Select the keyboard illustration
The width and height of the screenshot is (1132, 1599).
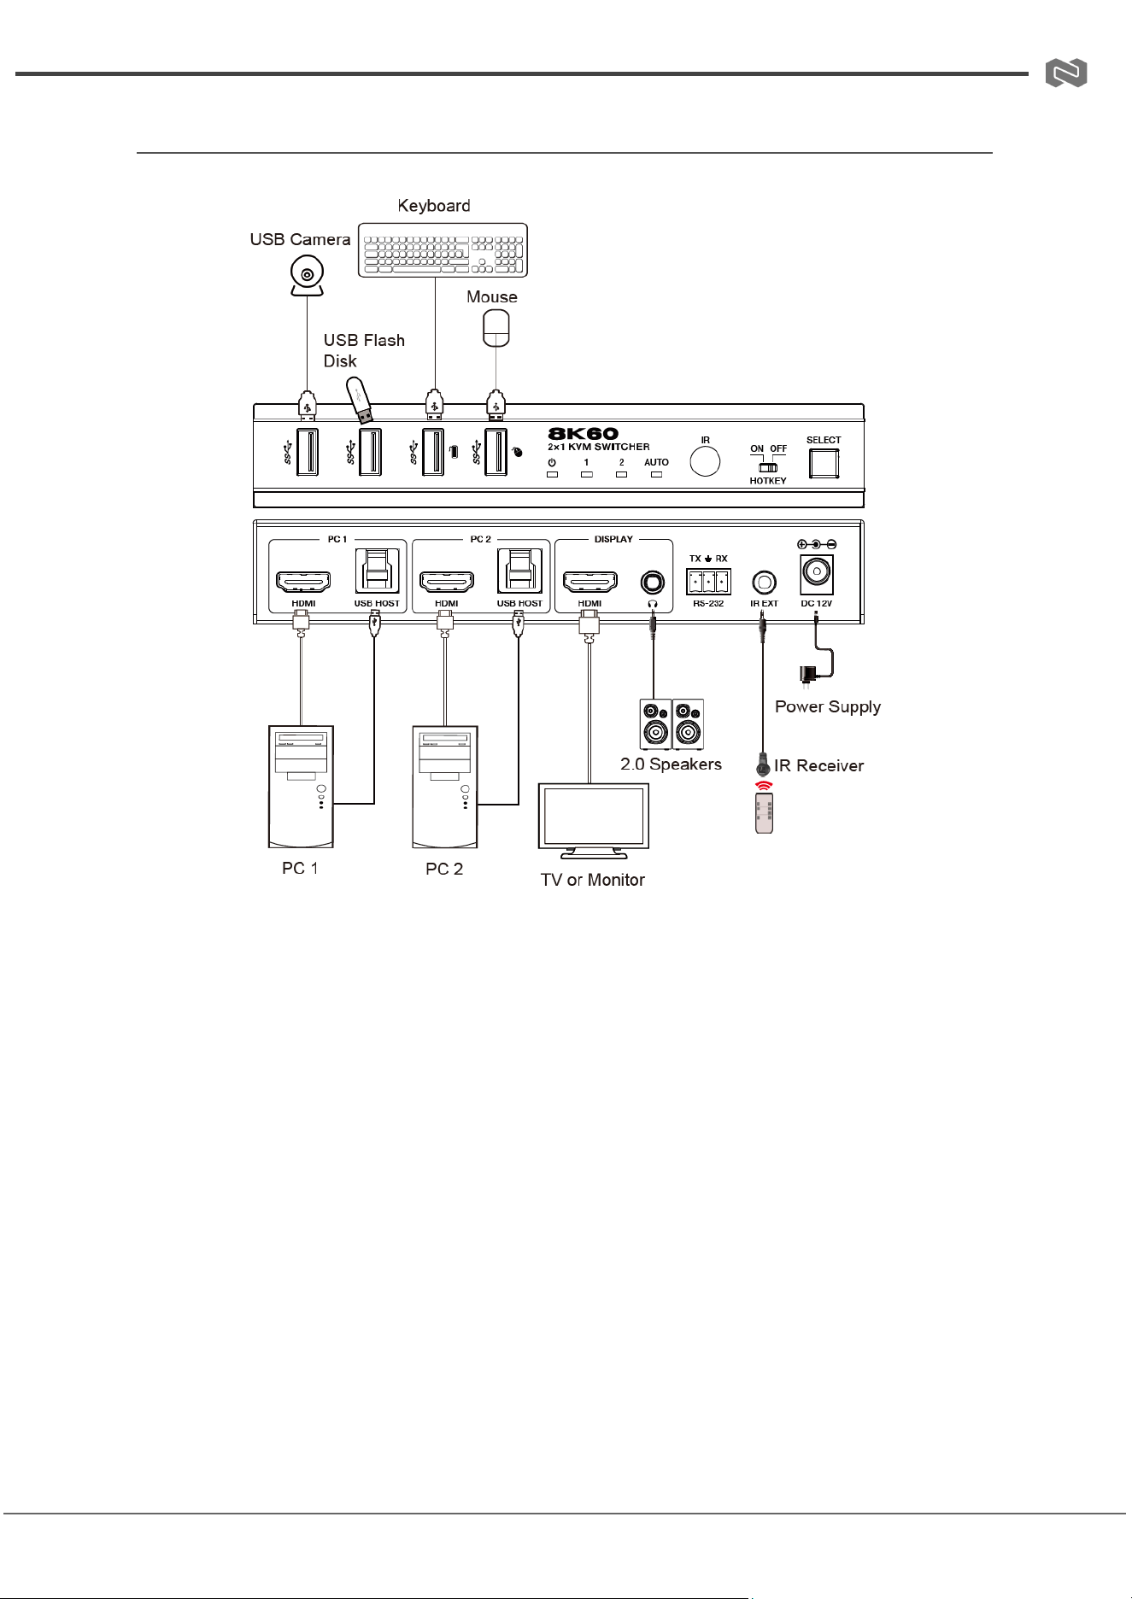coord(443,249)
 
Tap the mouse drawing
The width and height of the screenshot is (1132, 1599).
coord(496,328)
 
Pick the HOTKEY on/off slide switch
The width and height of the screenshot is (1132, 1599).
coord(768,467)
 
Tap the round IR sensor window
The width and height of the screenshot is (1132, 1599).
coord(705,462)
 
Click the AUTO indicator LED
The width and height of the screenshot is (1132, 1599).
coord(656,474)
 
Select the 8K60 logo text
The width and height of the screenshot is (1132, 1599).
coord(583,434)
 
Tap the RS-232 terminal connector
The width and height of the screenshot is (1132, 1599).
coord(708,582)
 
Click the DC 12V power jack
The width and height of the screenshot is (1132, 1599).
coord(816,573)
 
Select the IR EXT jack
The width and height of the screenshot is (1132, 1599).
coord(764,583)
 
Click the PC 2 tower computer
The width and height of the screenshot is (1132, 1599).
coord(444,787)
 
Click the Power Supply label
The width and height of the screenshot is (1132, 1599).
coord(828,707)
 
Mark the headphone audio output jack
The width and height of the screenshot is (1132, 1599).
coord(653,583)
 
